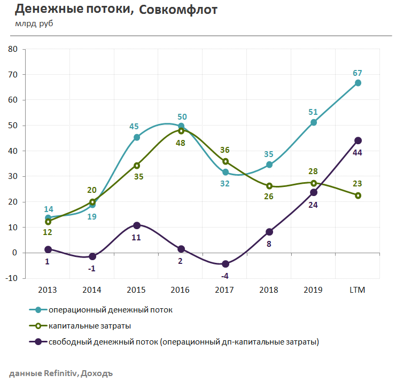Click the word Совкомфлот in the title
click(177, 10)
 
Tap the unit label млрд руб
click(34, 24)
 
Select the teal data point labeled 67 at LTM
click(358, 83)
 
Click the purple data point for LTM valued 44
click(358, 140)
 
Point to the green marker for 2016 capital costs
click(181, 130)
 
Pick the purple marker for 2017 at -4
click(225, 264)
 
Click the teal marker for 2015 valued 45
click(137, 137)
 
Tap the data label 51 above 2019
click(313, 112)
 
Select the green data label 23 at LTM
click(358, 183)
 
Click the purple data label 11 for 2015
click(136, 237)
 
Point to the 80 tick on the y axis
click(12, 49)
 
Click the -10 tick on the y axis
click(11, 278)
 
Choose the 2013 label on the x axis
click(48, 290)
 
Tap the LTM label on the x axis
click(358, 290)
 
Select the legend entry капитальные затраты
click(90, 325)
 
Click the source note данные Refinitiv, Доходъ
click(61, 373)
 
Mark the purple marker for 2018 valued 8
click(269, 232)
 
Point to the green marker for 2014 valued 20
click(92, 202)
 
